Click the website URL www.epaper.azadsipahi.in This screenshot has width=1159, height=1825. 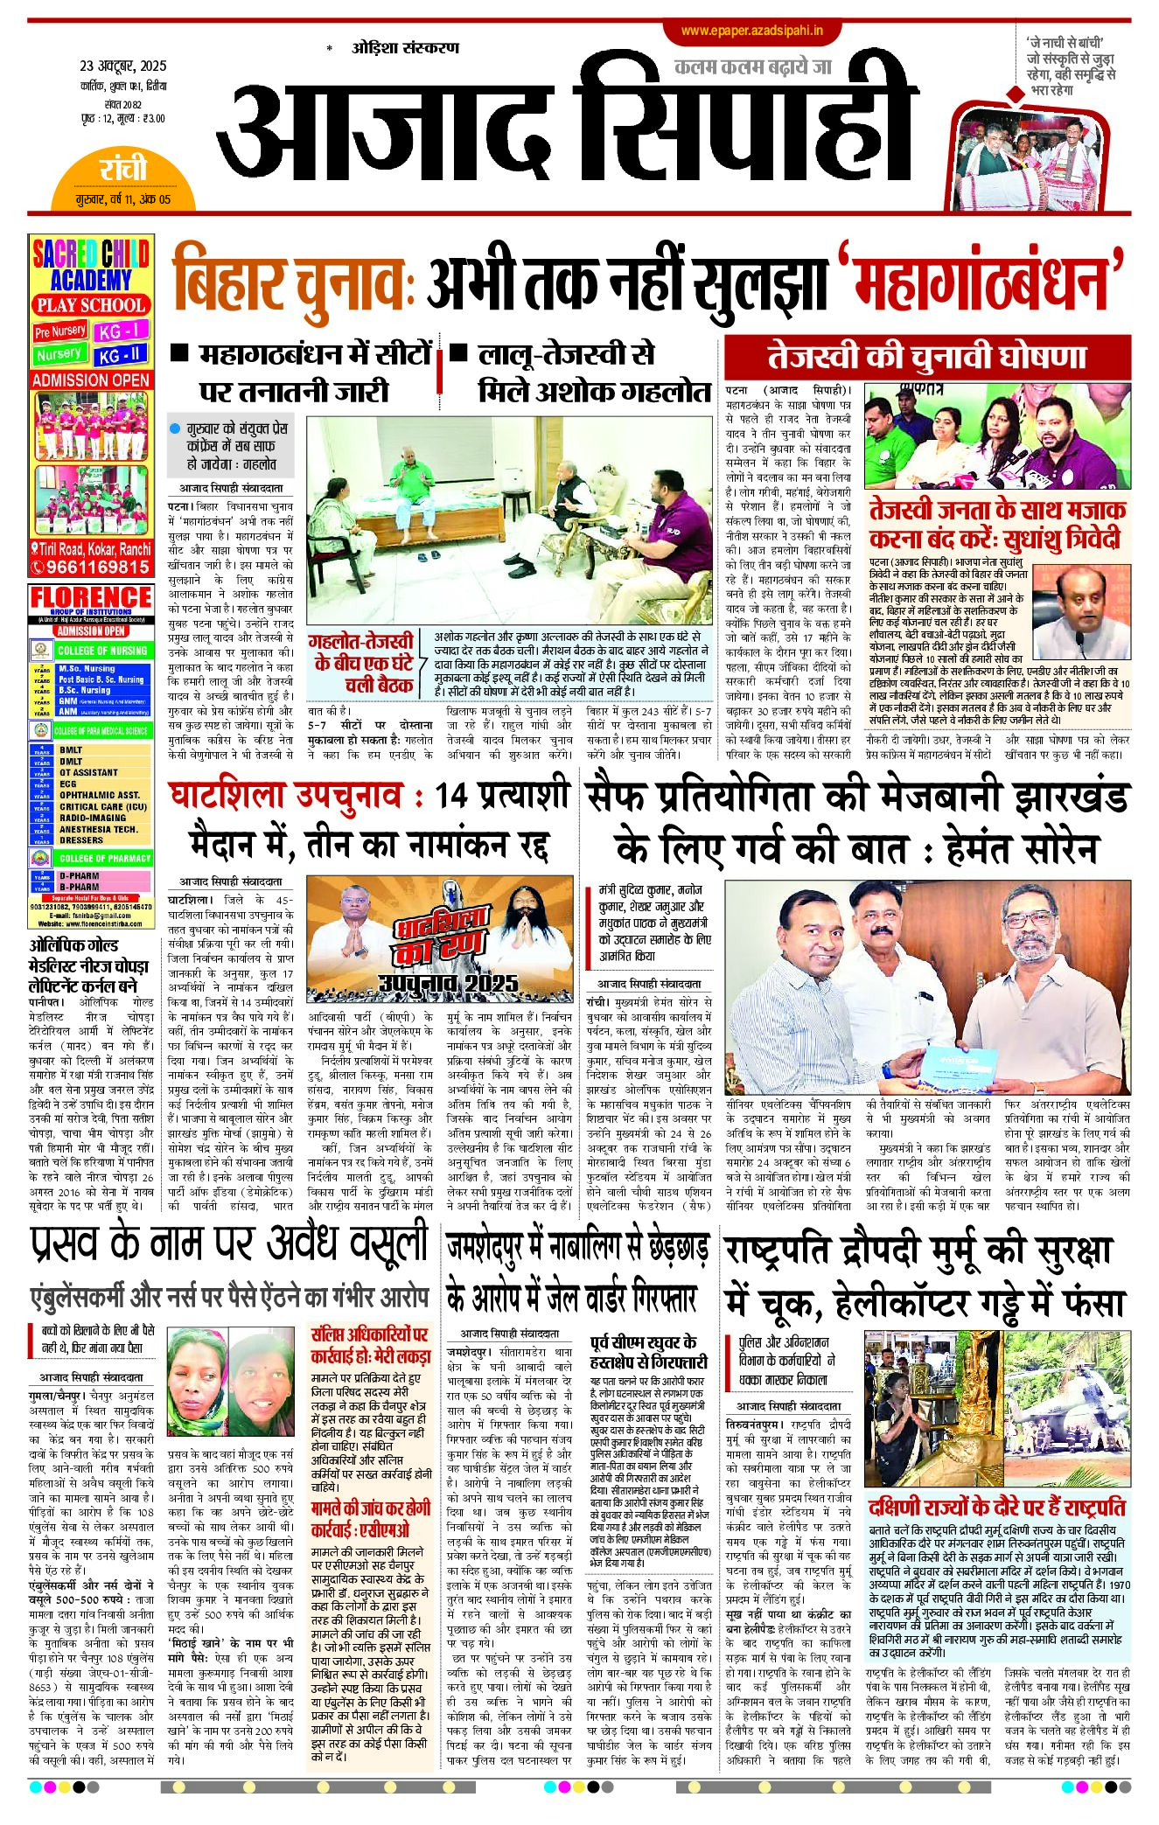point(751,31)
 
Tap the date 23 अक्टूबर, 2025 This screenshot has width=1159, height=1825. point(123,66)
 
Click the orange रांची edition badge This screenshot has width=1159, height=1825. point(122,170)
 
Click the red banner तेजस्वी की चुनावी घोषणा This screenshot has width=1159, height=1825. point(926,357)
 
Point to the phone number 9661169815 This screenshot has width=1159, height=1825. point(97,567)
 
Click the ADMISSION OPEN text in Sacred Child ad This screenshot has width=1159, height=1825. point(91,380)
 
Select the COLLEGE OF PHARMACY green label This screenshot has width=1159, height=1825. point(104,859)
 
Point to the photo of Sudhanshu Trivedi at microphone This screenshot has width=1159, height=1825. point(1081,613)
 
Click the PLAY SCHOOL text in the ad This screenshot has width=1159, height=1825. point(91,305)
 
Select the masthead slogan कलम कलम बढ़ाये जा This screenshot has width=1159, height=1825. point(751,66)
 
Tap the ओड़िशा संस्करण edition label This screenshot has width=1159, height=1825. point(405,47)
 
